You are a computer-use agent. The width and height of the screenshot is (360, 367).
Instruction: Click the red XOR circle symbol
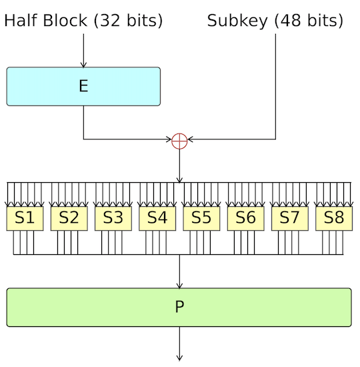(179, 140)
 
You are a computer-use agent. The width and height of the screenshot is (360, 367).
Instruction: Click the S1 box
(25, 218)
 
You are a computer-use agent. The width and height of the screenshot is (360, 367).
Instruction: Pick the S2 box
(69, 218)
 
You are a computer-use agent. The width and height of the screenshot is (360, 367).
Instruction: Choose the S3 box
(113, 218)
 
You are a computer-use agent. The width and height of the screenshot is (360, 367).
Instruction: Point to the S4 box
(157, 218)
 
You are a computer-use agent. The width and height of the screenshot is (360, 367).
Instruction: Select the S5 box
(201, 218)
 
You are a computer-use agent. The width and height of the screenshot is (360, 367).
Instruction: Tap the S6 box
(245, 218)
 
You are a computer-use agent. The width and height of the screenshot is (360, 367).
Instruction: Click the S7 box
(289, 218)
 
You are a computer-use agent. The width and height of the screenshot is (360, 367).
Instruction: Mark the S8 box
(333, 218)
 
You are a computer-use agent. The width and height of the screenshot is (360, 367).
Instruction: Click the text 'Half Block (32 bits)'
(83, 21)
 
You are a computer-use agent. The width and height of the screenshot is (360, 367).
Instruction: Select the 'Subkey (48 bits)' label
(275, 21)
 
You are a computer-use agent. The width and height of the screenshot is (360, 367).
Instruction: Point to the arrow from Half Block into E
(83, 50)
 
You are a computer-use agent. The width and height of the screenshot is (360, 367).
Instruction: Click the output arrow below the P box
(179, 344)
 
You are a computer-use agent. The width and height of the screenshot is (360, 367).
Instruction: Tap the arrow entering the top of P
(179, 274)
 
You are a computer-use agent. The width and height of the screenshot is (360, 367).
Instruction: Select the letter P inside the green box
(179, 307)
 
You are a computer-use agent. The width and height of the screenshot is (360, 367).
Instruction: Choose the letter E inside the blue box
(83, 86)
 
